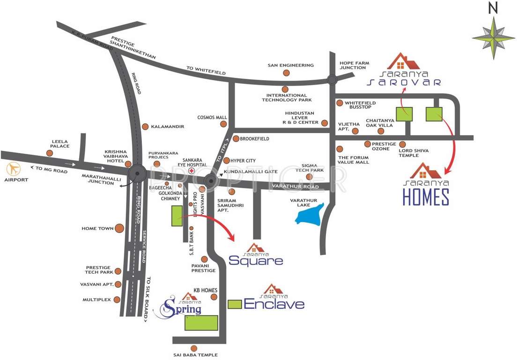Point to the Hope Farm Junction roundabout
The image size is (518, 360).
(332, 80)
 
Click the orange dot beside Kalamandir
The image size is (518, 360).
(145, 127)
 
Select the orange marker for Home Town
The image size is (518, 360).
(119, 228)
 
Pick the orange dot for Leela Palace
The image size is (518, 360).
(50, 153)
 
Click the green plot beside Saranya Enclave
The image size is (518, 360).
(235, 304)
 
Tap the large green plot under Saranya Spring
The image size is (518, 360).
(201, 323)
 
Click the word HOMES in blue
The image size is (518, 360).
(426, 197)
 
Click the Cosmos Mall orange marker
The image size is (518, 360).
(224, 124)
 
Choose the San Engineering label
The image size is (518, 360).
(290, 65)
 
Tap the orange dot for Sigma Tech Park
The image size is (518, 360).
(310, 176)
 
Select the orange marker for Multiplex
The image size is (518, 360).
(117, 300)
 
